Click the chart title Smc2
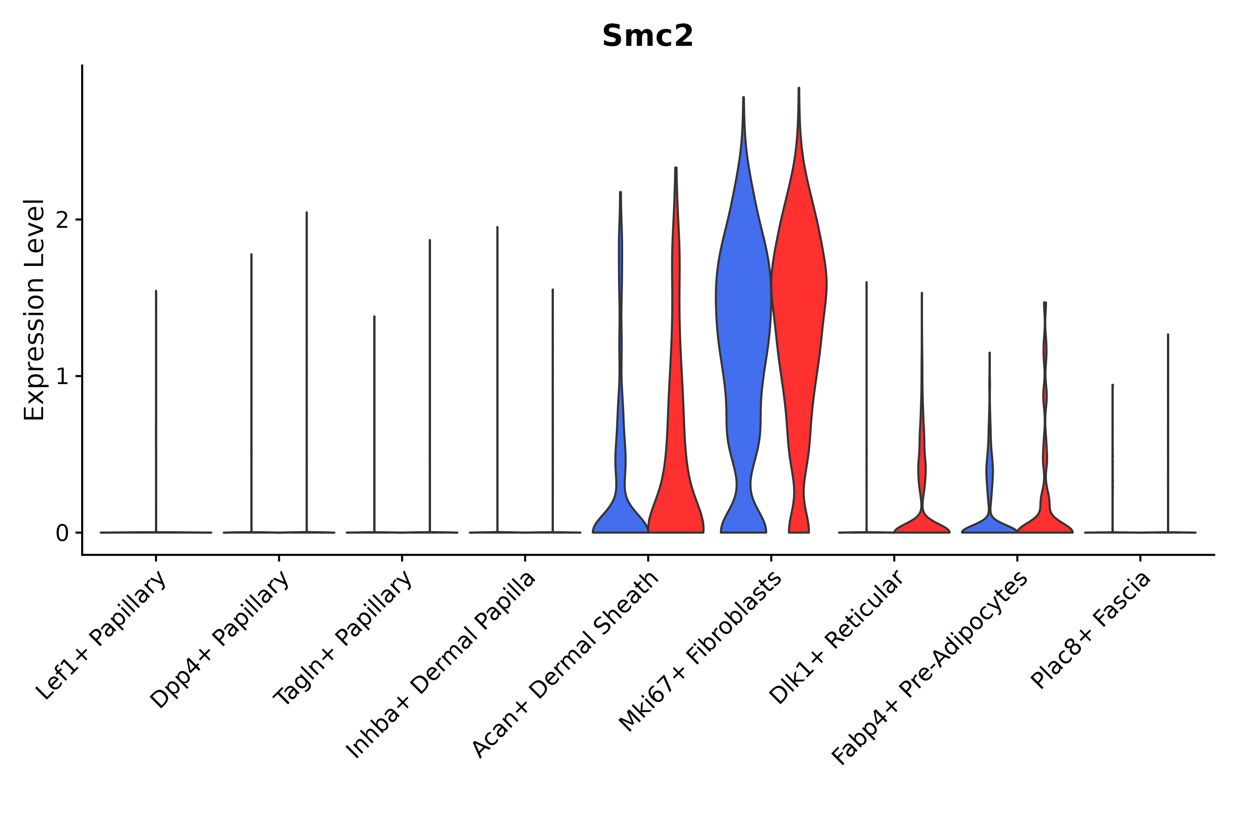647,36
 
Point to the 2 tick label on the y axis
62,220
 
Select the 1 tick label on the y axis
62,377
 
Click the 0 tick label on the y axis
62,533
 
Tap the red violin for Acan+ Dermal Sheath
676,500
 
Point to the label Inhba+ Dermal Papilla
441,665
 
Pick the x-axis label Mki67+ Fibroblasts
701,652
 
